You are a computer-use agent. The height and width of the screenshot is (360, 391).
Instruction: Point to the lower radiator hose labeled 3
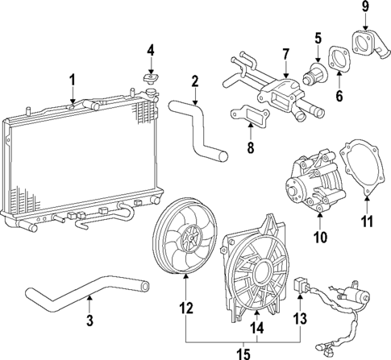(89, 293)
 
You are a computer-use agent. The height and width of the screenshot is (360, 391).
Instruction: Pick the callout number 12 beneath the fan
(186, 307)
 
